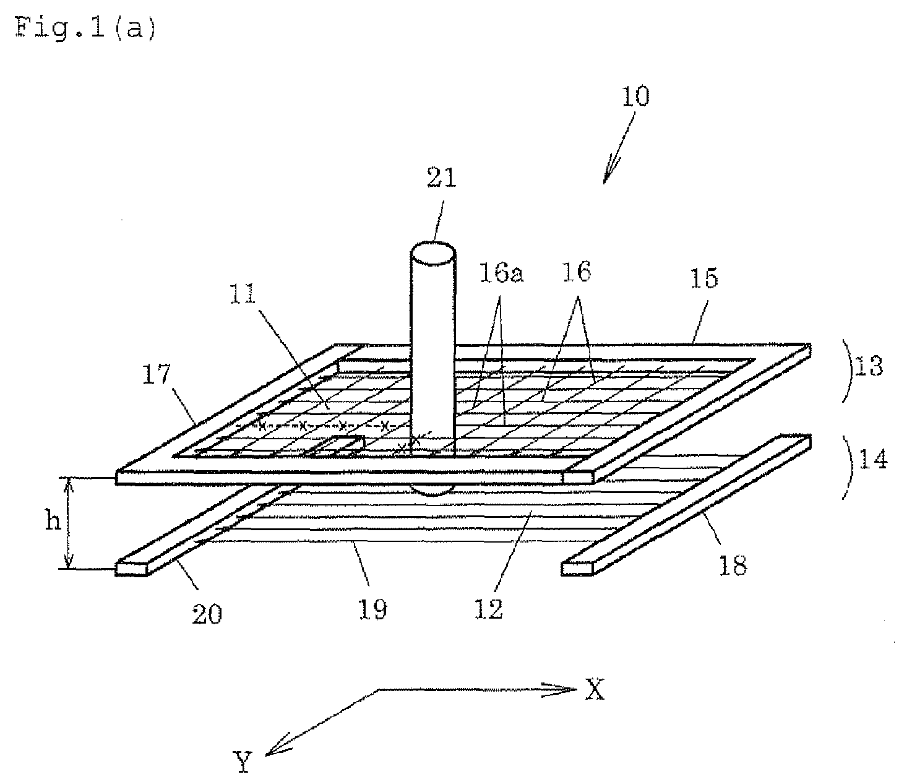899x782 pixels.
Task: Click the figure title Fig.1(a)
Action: click(x=85, y=28)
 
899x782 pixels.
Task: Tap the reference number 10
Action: click(x=635, y=97)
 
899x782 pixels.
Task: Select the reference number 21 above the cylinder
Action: click(x=442, y=178)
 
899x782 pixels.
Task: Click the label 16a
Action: click(x=501, y=273)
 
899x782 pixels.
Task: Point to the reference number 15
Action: click(x=704, y=278)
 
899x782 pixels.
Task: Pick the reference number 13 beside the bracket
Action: click(x=868, y=366)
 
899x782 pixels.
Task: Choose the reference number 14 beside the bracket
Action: click(x=872, y=458)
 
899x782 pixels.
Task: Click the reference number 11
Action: click(x=243, y=294)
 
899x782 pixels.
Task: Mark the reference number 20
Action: click(x=207, y=614)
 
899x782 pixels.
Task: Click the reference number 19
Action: click(x=373, y=609)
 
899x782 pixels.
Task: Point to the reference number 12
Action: click(x=489, y=609)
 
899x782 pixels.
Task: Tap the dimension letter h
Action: click(x=53, y=520)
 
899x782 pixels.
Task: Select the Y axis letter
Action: click(x=243, y=762)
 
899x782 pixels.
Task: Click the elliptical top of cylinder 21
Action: click(x=433, y=254)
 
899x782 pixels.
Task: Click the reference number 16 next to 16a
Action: click(x=577, y=272)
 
